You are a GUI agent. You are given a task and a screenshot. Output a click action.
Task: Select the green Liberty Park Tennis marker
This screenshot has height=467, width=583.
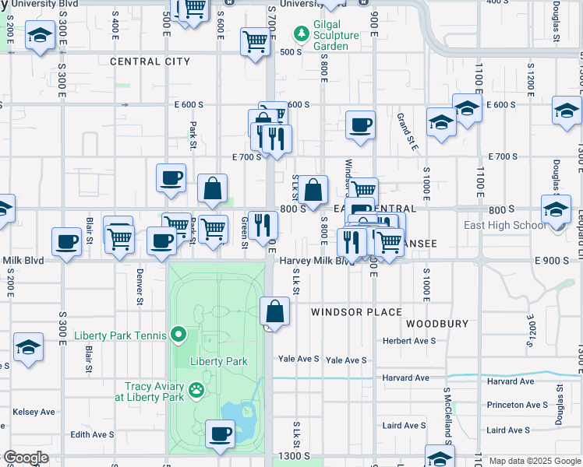click(178, 335)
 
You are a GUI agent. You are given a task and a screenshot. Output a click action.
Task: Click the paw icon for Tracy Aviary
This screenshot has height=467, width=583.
click(196, 392)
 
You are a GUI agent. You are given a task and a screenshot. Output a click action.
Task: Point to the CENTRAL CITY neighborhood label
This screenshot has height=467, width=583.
click(150, 61)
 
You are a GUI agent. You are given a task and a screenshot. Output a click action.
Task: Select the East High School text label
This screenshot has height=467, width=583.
click(528, 226)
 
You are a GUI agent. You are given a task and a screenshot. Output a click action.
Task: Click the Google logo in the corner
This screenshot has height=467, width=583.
click(25, 458)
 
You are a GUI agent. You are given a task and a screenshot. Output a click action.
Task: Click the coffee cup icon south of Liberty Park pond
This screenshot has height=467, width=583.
click(220, 433)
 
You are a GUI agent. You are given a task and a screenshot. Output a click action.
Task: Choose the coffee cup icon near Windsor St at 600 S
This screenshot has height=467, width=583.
click(360, 125)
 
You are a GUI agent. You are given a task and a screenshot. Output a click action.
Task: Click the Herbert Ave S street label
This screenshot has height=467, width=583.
click(408, 341)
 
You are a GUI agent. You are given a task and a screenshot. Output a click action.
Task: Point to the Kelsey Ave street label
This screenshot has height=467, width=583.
click(34, 412)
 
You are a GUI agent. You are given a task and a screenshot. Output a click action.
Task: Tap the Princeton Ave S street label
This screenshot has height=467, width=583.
click(517, 405)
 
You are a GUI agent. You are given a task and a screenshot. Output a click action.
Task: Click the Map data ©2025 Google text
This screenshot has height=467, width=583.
click(535, 461)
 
